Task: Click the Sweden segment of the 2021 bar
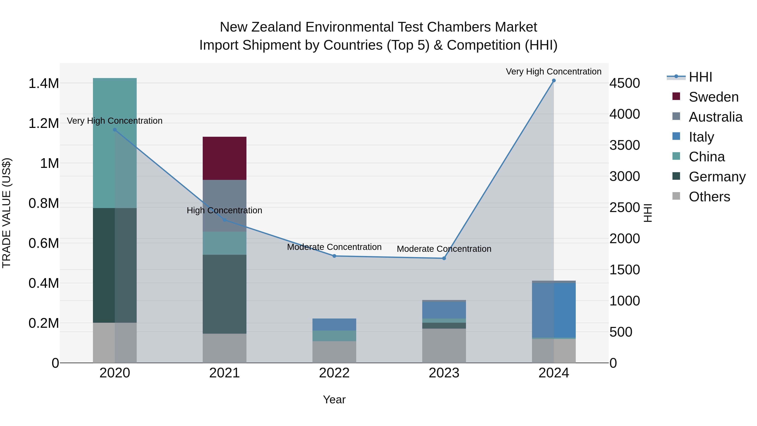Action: tap(225, 158)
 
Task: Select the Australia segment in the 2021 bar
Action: tap(225, 206)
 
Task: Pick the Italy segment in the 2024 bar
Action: tap(554, 310)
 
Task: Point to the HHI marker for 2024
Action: tap(554, 81)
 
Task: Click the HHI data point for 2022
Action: tap(334, 256)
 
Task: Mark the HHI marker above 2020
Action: tap(115, 130)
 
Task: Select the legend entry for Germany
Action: tap(717, 177)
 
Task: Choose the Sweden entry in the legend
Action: tap(713, 97)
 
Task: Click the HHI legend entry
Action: tap(700, 77)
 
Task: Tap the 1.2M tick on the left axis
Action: tap(44, 123)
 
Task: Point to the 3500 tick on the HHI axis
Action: tap(625, 145)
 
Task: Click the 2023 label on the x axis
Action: tap(444, 373)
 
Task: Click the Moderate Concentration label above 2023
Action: tap(444, 249)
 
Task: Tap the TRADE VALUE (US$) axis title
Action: tap(7, 213)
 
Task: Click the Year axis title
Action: tap(334, 399)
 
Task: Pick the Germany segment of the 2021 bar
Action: tap(225, 294)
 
